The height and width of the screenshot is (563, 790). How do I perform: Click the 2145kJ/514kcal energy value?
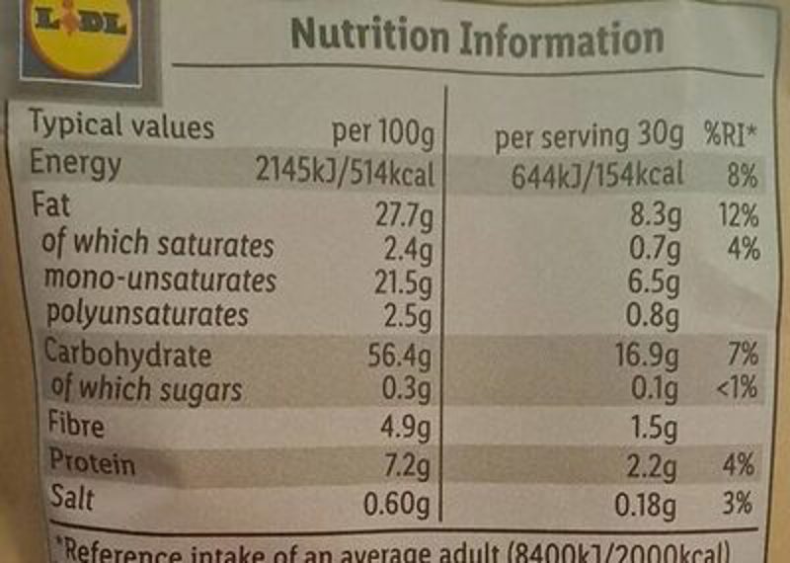[345, 173]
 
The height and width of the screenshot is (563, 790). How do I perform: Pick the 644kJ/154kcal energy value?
[597, 176]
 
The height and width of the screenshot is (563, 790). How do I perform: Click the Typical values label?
[120, 126]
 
